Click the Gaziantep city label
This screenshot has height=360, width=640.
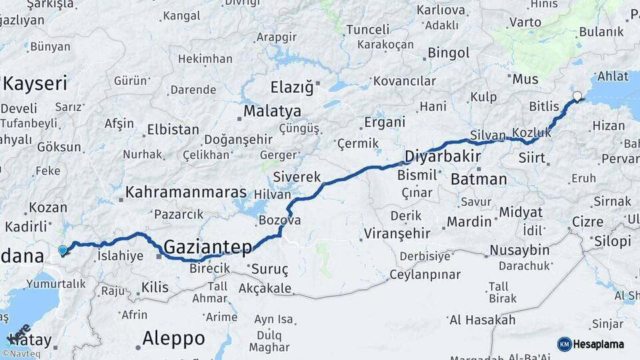click(208, 247)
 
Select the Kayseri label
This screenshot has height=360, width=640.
click(35, 84)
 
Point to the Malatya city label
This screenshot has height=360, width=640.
click(272, 111)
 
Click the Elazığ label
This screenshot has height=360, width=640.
click(291, 87)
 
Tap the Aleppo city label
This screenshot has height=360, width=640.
click(173, 338)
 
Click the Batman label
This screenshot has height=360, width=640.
click(479, 179)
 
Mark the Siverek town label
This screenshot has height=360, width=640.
click(297, 177)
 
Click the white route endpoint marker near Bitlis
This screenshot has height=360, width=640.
click(577, 96)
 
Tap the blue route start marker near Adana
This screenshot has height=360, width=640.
click(63, 251)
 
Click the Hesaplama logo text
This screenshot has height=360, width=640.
click(599, 344)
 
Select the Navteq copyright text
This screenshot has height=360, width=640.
click(21, 354)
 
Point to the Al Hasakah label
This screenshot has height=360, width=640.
click(482, 320)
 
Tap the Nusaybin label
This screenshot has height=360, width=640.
click(519, 251)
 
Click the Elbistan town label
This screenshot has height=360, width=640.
click(173, 129)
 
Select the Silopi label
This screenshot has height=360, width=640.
click(612, 241)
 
